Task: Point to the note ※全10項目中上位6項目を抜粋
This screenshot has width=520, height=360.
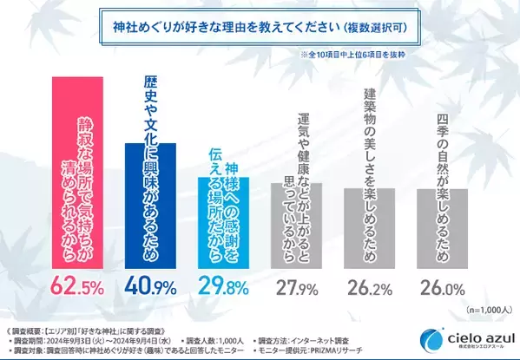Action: [x=391, y=54]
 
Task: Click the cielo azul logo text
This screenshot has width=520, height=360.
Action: [x=473, y=335]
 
